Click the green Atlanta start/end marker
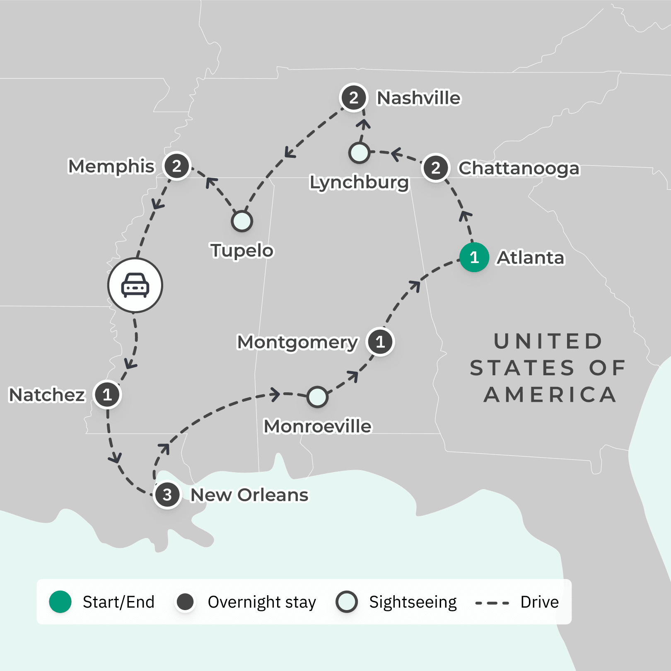[x=474, y=257]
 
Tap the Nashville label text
[x=418, y=98]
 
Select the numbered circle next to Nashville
[x=353, y=98]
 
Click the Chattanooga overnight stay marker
[x=435, y=168]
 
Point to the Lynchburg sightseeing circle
[x=359, y=152]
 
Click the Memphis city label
[x=111, y=166]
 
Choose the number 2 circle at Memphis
[x=177, y=166]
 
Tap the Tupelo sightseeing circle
[x=242, y=221]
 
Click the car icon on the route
[x=135, y=285]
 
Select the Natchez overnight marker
[x=107, y=394]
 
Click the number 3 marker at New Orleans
[x=167, y=495]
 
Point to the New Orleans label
[x=249, y=495]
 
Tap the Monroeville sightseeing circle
[x=317, y=397]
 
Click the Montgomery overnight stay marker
[x=380, y=342]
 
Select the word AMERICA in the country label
[x=550, y=395]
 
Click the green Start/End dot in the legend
[x=60, y=602]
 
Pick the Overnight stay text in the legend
[x=262, y=602]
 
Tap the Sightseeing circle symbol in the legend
[x=347, y=602]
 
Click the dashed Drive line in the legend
[x=492, y=603]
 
